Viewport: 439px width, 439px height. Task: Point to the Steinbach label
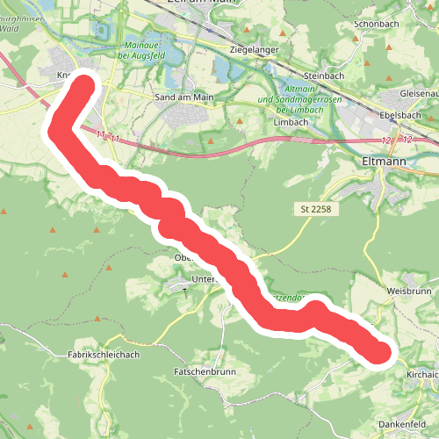click(x=326, y=76)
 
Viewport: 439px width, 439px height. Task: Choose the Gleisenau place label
click(x=419, y=93)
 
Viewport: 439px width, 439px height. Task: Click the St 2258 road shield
click(x=315, y=209)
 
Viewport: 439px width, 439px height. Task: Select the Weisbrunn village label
click(x=409, y=290)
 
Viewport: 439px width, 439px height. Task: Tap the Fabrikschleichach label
click(x=104, y=354)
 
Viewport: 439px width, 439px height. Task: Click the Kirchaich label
click(x=421, y=374)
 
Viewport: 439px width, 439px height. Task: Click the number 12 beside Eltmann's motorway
click(x=387, y=140)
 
